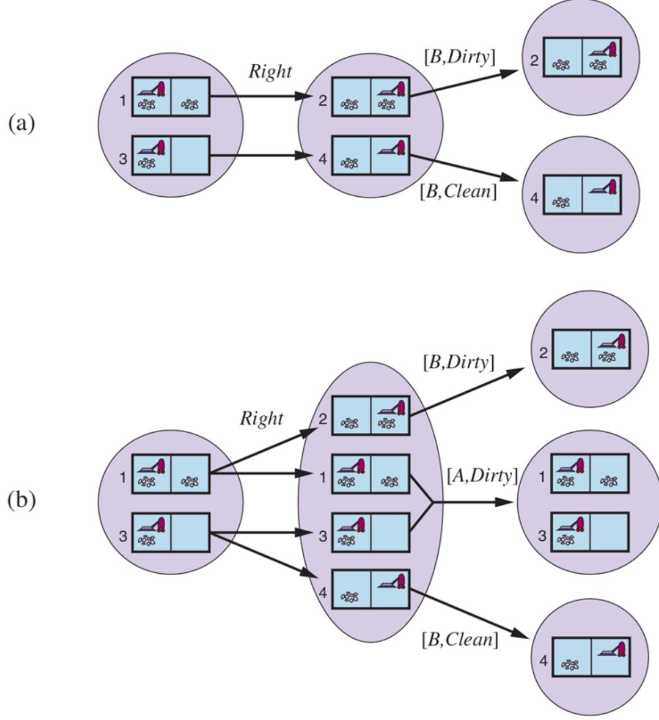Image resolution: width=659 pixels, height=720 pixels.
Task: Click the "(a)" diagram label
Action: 22,123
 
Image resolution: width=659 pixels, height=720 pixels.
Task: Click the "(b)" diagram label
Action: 22,500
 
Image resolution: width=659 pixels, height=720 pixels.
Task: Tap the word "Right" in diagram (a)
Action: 270,72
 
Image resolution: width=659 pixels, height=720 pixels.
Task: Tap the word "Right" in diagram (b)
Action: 261,419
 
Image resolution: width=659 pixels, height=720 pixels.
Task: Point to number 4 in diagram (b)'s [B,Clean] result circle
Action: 543,661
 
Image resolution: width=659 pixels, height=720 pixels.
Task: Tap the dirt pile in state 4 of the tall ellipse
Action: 349,597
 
